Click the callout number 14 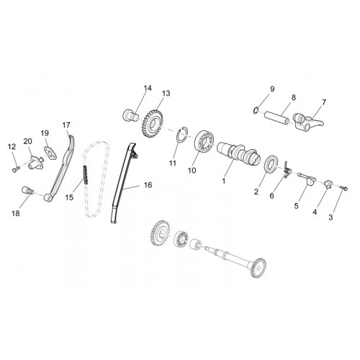tap(148, 89)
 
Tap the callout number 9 tap(272, 89)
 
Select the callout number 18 tap(16, 213)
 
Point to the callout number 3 tap(330, 217)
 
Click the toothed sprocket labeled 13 tap(152, 124)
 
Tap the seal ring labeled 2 tap(272, 164)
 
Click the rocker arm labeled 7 tap(307, 122)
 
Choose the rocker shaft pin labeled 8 tap(276, 117)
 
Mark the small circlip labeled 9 tap(256, 110)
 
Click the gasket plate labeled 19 tap(50, 153)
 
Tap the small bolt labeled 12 tap(15, 169)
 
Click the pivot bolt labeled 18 tap(27, 191)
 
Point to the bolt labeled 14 tap(131, 116)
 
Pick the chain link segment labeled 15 tap(85, 175)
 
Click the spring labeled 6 tap(287, 170)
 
